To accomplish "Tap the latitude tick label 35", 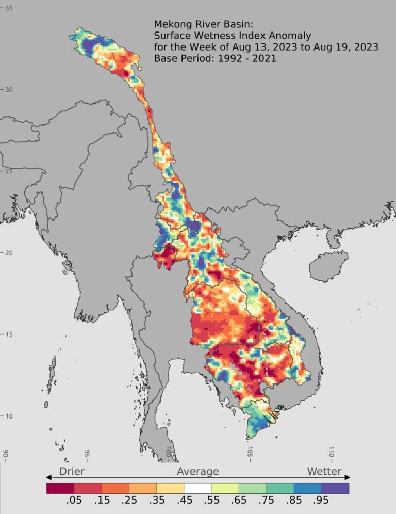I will pyautogui.click(x=9, y=8).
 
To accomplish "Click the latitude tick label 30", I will pyautogui.click(x=9, y=90).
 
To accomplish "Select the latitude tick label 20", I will pyautogui.click(x=9, y=253).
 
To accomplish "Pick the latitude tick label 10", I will pyautogui.click(x=9, y=416).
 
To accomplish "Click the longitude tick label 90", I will pyautogui.click(x=5, y=454).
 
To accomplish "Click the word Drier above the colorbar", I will pyautogui.click(x=72, y=471).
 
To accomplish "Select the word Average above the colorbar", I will pyautogui.click(x=198, y=471).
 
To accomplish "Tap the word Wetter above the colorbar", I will pyautogui.click(x=324, y=471).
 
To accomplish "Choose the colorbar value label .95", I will pyautogui.click(x=321, y=500).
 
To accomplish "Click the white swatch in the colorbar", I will pyautogui.click(x=197, y=488).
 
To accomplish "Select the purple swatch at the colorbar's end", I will pyautogui.click(x=335, y=488).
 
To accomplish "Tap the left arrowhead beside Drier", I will pyautogui.click(x=49, y=477).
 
